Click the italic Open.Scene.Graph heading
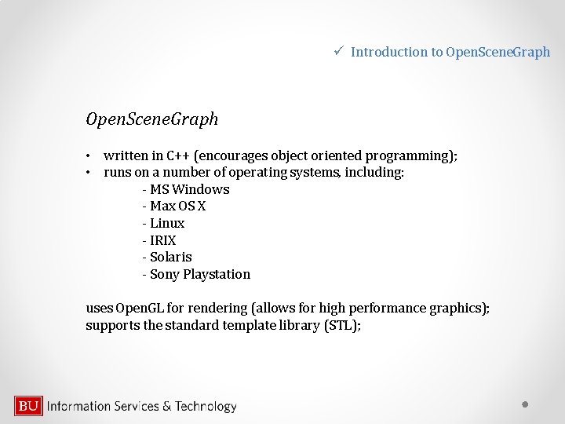pyautogui.click(x=152, y=119)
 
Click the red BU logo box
pyautogui.click(x=28, y=406)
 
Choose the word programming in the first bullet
pyautogui.click(x=409, y=155)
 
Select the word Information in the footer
pyautogui.click(x=78, y=406)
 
